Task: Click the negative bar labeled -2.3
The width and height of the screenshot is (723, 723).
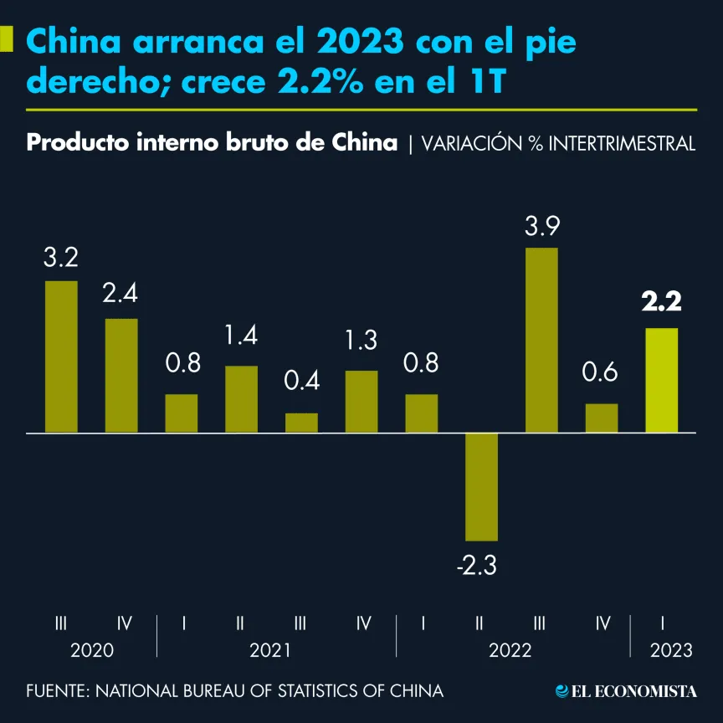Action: click(x=482, y=486)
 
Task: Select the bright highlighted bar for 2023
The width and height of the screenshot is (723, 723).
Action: click(x=662, y=380)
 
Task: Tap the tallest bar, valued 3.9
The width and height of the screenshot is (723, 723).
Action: click(x=541, y=340)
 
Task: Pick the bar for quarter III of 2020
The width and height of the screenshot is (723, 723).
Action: click(x=61, y=356)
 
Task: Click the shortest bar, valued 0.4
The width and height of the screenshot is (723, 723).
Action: click(x=301, y=423)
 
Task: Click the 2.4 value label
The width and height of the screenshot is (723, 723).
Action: click(x=120, y=294)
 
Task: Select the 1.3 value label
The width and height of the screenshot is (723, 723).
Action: click(x=361, y=341)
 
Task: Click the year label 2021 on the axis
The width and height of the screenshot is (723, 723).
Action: click(x=270, y=651)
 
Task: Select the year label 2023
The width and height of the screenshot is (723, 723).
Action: click(x=671, y=651)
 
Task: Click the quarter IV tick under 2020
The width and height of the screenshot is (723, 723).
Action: click(x=125, y=623)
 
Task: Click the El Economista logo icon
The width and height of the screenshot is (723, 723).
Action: click(x=562, y=691)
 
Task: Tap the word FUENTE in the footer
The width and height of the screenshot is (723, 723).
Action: click(x=55, y=691)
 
